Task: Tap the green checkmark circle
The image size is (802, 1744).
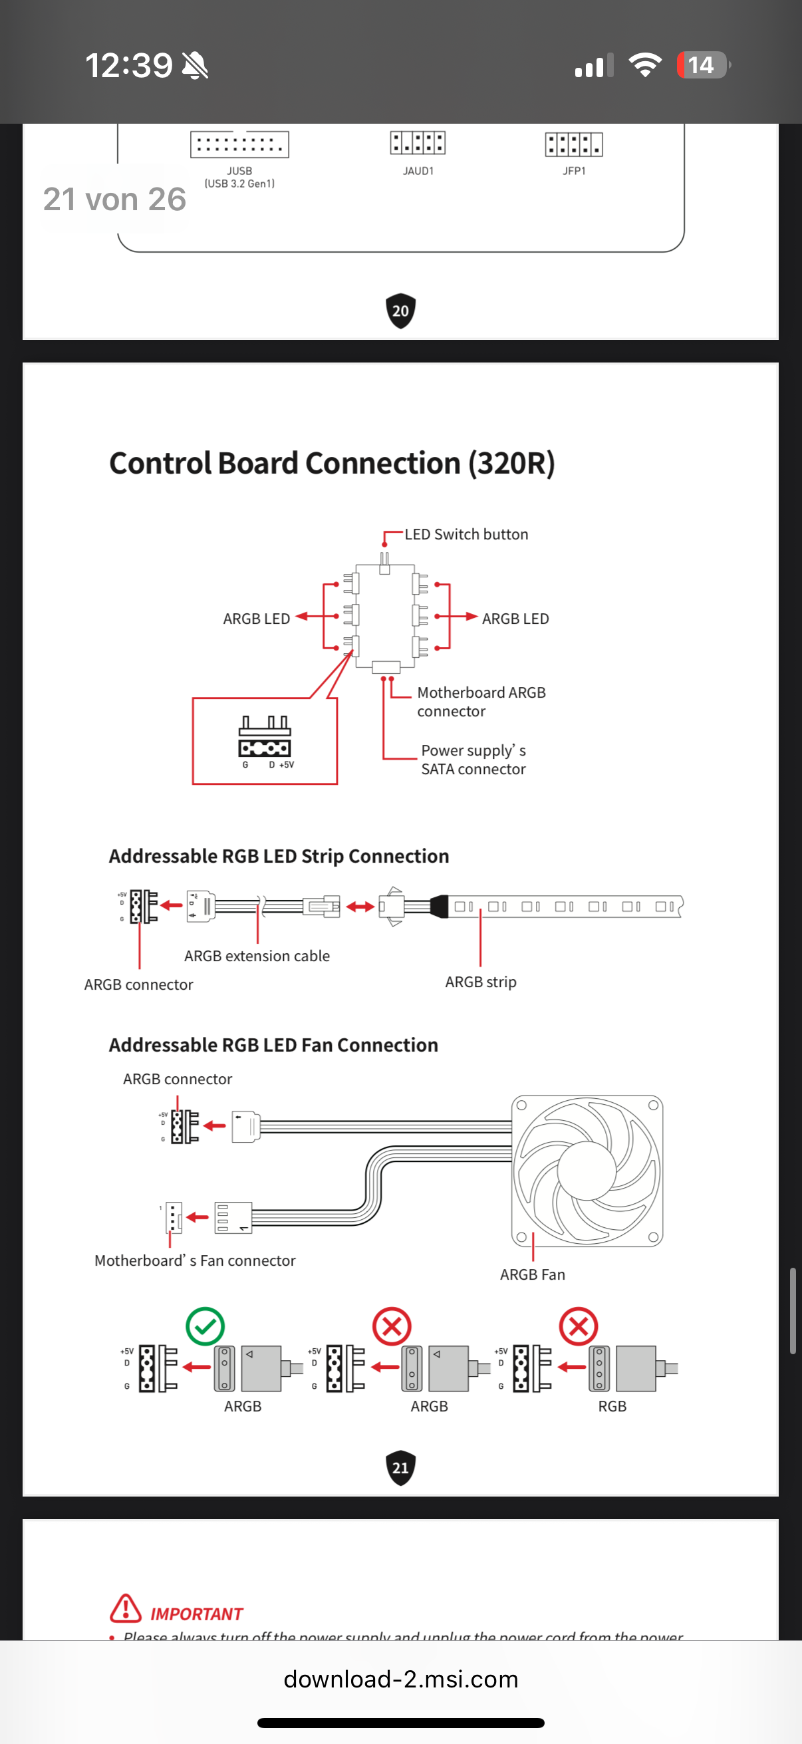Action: (x=205, y=1326)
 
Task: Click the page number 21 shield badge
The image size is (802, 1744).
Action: (x=400, y=1468)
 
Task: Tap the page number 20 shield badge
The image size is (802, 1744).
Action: (x=400, y=311)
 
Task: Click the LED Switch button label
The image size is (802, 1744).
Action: (x=466, y=534)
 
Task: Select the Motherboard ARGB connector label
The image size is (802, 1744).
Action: (x=481, y=701)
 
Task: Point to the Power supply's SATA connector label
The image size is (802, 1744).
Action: (x=473, y=760)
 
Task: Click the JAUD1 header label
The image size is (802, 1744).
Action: (x=418, y=170)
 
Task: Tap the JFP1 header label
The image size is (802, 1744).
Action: (x=574, y=170)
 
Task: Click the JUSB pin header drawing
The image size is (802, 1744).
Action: (x=239, y=144)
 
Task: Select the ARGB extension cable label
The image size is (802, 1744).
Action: (x=257, y=956)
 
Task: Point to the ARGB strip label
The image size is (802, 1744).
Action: (x=481, y=982)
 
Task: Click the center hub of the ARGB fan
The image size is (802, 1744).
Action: (x=586, y=1170)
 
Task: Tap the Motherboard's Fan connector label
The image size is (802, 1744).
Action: (x=195, y=1260)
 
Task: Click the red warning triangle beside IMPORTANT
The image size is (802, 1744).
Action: (x=126, y=1608)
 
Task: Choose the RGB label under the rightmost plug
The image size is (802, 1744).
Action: (x=612, y=1406)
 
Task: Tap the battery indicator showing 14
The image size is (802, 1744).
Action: (x=702, y=65)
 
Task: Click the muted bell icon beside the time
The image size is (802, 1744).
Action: (x=195, y=66)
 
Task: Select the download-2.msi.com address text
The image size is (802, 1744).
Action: (x=400, y=1679)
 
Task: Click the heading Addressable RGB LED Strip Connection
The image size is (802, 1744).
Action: (x=279, y=857)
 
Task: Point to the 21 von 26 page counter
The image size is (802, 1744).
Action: (x=114, y=199)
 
